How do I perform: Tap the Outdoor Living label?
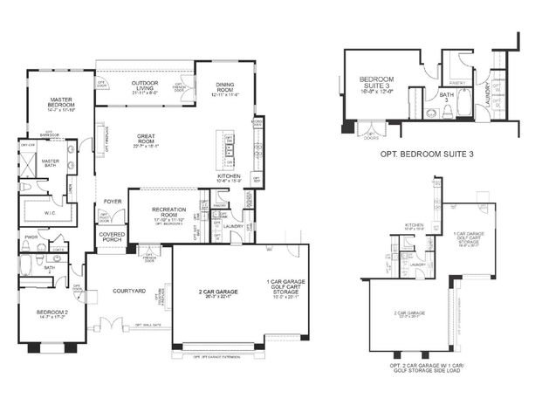coord(144,84)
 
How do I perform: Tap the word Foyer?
coord(113,202)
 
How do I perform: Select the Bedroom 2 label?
coord(51,311)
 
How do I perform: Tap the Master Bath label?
coord(50,163)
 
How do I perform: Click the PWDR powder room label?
coord(31,236)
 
